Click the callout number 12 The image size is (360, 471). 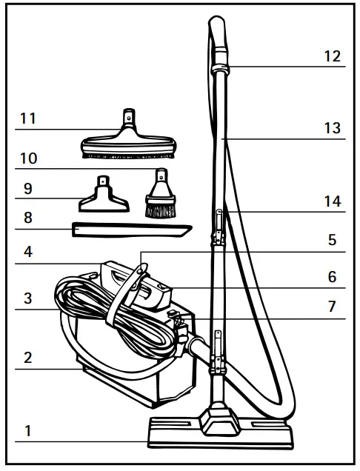coord(333,56)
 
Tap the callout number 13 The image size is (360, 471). coord(333,127)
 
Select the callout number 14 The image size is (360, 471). coord(333,201)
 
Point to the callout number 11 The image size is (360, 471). coord(29,118)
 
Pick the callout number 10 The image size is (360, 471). coord(29,158)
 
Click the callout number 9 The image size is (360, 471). coord(27,188)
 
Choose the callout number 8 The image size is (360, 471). coord(27,218)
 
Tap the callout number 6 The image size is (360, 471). coord(333,277)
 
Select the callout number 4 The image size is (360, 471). coord(27,251)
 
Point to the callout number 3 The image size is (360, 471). coord(27,298)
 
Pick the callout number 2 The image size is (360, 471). coord(27,357)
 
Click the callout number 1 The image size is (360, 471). coord(27,430)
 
